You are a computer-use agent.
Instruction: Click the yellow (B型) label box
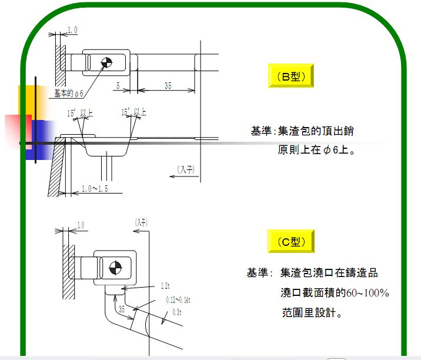coord(290,76)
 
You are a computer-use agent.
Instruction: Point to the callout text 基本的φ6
coord(69,93)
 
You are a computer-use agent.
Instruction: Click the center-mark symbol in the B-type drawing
coord(106,62)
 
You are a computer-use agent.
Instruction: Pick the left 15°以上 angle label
coord(80,112)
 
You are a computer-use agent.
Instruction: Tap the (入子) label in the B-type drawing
coord(186,170)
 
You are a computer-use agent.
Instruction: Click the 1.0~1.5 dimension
coord(94,189)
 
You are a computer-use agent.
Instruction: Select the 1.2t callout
coord(165,286)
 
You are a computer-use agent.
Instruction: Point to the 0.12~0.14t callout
coord(178,299)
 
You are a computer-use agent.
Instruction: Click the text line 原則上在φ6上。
coord(316,150)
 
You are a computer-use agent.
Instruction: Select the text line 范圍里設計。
coord(311,313)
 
